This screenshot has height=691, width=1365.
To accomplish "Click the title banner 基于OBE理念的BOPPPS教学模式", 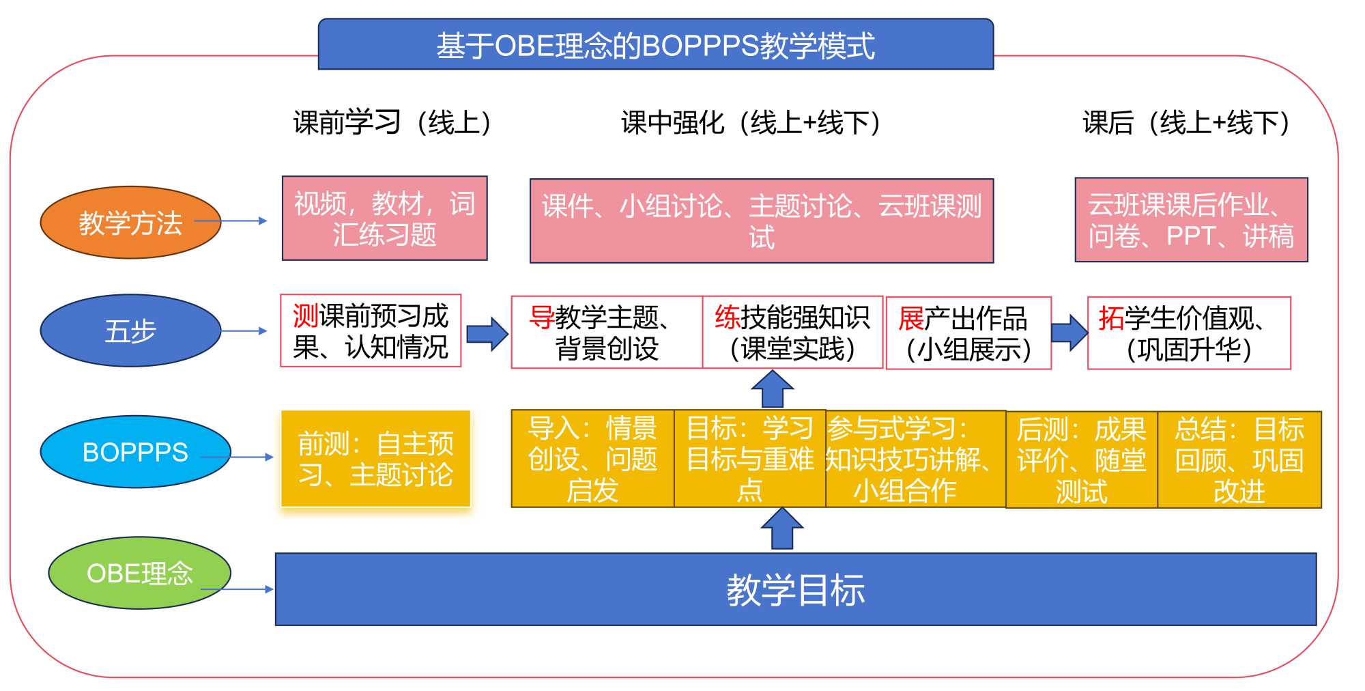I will [655, 45].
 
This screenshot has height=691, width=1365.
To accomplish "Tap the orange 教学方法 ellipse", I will [130, 223].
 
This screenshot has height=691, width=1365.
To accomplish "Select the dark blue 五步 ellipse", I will [130, 330].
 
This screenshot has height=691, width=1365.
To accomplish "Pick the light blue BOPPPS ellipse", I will [135, 451].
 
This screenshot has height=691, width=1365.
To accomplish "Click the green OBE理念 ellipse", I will [139, 573].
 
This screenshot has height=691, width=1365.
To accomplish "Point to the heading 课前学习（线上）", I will [392, 123].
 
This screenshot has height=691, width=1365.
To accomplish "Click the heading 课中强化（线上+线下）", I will [751, 123].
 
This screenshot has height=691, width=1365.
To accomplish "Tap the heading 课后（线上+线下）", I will [1186, 123].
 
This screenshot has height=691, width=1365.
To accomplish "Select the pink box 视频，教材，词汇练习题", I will [384, 218].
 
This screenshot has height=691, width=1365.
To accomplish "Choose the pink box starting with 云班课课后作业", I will [1191, 220].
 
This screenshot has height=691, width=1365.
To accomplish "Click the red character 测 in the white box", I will [305, 316].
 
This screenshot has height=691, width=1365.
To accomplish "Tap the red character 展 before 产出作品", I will [911, 319].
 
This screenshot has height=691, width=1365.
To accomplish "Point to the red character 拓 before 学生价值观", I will [1111, 318].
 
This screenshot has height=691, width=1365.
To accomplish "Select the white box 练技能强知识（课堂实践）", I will [792, 333].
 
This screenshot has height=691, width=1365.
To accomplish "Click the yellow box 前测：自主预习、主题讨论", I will [375, 459].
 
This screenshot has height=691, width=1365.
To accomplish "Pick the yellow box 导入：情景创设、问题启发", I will [592, 459].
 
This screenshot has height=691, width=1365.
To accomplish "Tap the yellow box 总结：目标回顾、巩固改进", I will [1239, 460].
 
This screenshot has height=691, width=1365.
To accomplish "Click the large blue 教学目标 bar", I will [795, 589].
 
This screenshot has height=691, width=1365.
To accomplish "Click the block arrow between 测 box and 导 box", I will [487, 334].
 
